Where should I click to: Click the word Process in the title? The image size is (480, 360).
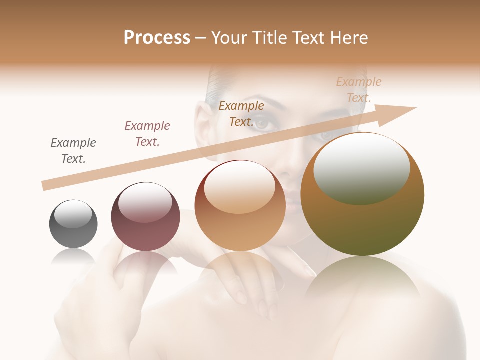point(157,38)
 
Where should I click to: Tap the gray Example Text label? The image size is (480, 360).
point(73,151)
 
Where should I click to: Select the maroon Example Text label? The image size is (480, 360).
point(147,134)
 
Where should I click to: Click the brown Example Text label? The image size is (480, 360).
point(241,114)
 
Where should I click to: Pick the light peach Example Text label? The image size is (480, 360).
point(358,90)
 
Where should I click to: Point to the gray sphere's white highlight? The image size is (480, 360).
point(73,214)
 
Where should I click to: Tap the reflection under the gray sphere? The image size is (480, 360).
point(73,257)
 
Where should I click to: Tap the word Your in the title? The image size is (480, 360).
point(229,38)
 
